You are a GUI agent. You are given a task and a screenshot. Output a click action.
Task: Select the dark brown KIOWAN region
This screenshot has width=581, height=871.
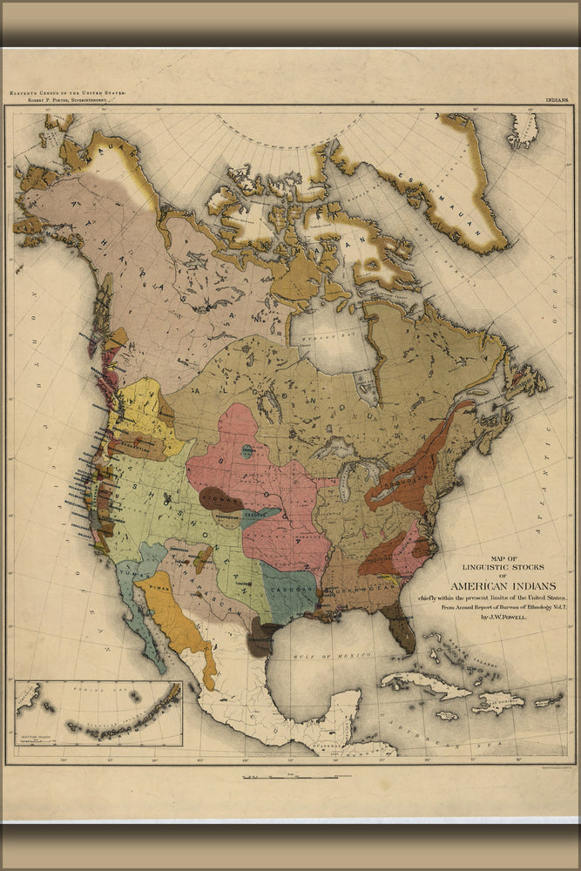pos(219,500)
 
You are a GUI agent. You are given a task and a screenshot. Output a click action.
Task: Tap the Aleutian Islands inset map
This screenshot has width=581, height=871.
pos(98,713)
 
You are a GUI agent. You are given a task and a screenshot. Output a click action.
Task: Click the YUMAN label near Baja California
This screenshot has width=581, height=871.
pos(131,575)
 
